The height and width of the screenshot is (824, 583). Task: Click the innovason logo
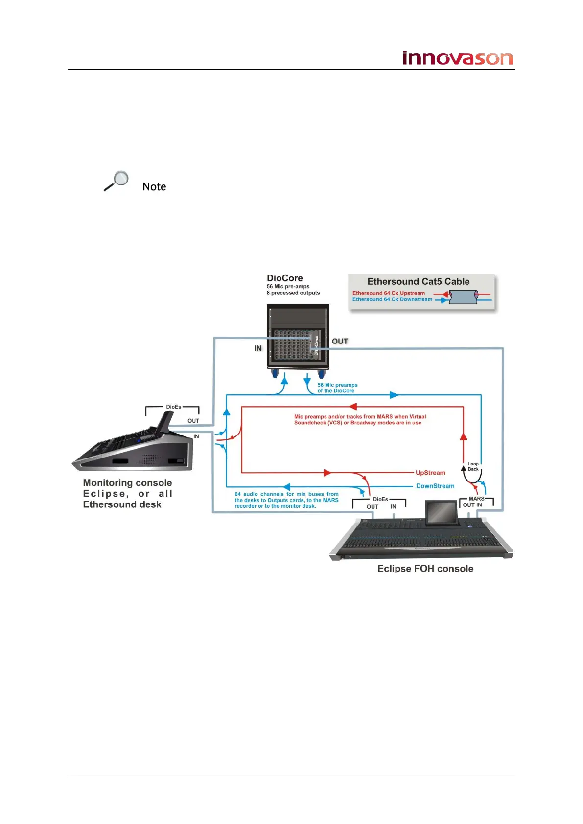[x=457, y=58]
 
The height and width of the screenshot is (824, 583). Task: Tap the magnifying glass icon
[x=117, y=181]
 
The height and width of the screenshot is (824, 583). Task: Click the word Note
[x=154, y=187]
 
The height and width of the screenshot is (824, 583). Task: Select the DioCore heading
[x=284, y=278]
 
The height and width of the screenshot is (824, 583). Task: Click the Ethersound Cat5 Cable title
[x=418, y=282]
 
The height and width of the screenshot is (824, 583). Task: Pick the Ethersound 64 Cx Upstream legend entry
[x=389, y=293]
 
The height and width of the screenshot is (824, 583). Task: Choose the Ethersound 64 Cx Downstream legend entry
[x=392, y=299]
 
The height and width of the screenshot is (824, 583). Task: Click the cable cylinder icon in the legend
[x=463, y=297]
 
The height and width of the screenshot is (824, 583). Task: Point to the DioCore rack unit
[x=298, y=338]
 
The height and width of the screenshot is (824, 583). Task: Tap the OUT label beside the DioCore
[x=340, y=342]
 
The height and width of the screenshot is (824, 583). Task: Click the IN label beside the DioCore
[x=258, y=348]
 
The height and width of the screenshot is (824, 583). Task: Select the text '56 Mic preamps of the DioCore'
[x=337, y=388]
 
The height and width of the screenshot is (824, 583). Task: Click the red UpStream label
[x=430, y=473]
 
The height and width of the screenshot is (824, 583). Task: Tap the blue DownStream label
[x=435, y=486]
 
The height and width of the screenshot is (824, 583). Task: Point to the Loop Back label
[x=473, y=466]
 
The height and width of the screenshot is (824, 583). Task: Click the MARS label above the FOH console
[x=476, y=499]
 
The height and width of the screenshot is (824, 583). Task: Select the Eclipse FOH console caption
[x=425, y=569]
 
